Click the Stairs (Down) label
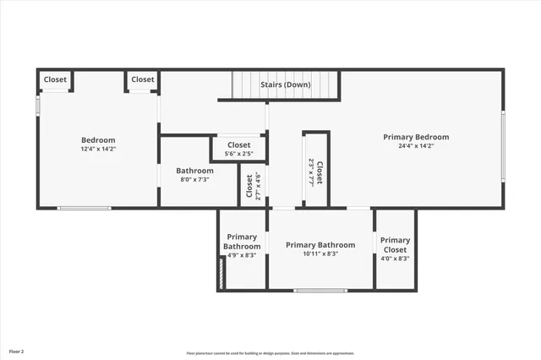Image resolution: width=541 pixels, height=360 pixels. tap(285, 85)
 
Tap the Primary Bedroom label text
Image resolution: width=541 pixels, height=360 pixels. tap(416, 137)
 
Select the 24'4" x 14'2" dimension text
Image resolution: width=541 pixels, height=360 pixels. tap(416, 145)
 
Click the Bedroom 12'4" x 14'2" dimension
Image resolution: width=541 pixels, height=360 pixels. tap(98, 149)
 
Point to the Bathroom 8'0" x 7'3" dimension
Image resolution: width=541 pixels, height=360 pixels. tap(194, 179)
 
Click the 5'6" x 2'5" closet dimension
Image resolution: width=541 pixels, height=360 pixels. tap(238, 154)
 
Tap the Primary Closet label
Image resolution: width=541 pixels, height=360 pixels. tap(395, 245)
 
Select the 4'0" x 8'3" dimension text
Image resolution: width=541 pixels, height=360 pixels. tap(395, 259)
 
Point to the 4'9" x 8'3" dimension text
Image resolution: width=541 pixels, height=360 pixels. tap(242, 255)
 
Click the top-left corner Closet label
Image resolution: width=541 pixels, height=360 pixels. tap(55, 79)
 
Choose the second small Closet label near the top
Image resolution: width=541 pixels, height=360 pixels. tap(143, 79)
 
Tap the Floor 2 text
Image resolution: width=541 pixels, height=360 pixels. tap(17, 351)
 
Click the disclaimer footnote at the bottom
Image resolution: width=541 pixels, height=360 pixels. tap(270, 353)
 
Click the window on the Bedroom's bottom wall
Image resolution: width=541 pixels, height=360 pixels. tap(84, 207)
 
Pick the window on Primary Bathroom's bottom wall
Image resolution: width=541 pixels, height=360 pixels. tap(320, 291)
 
